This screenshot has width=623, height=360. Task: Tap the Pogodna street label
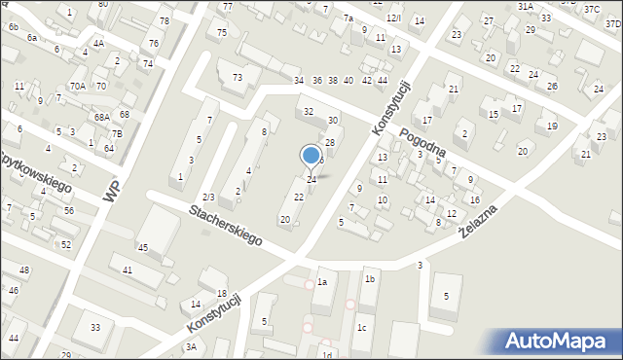click(421, 144)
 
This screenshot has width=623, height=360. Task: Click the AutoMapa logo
click(558, 341)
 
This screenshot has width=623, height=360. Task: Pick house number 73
click(237, 78)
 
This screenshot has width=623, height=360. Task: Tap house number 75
click(222, 33)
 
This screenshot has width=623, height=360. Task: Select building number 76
click(154, 43)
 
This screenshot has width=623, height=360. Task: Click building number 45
click(142, 248)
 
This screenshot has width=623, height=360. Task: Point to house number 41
click(128, 270)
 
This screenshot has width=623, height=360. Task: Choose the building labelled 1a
click(322, 282)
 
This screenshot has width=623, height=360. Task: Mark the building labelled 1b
click(370, 279)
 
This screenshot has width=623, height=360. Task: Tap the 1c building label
click(361, 328)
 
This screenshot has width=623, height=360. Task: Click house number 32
click(309, 112)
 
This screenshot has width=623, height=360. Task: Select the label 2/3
click(208, 198)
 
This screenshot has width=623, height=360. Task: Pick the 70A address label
click(78, 87)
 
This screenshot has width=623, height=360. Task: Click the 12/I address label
click(392, 18)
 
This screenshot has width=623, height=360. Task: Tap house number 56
click(68, 210)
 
